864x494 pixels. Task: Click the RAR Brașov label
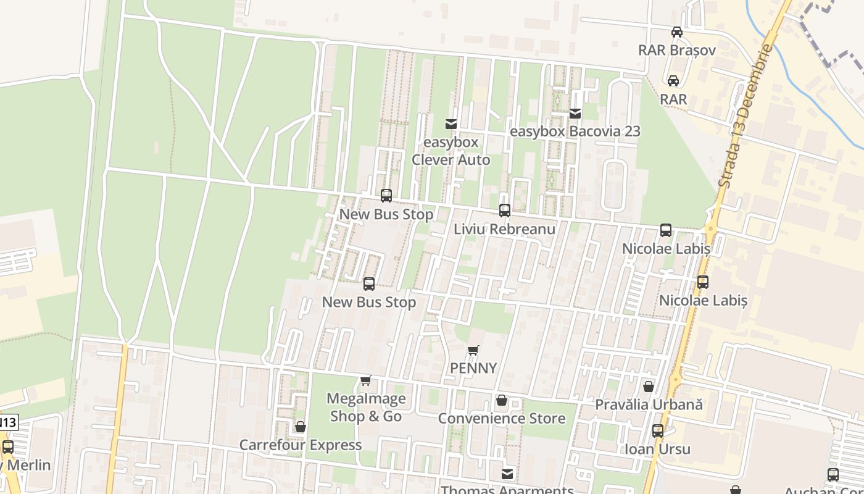677,50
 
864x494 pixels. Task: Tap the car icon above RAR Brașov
677,32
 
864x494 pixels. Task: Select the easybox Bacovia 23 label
575,132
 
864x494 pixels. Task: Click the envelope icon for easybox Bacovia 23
575,114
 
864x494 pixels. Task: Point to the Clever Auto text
451,160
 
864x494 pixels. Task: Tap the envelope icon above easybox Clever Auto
451,124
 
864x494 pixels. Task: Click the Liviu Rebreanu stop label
504,229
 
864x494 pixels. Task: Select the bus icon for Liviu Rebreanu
505,211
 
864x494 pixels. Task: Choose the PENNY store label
473,368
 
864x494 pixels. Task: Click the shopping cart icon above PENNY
473,351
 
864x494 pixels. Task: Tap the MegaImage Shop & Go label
366,408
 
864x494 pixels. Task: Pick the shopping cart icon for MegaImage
366,380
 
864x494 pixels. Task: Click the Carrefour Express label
301,445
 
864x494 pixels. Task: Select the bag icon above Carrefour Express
301,427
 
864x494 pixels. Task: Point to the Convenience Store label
502,419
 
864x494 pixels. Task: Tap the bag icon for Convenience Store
502,401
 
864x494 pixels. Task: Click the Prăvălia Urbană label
649,405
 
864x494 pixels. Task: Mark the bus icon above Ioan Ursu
658,431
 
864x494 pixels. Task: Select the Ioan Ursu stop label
657,449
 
